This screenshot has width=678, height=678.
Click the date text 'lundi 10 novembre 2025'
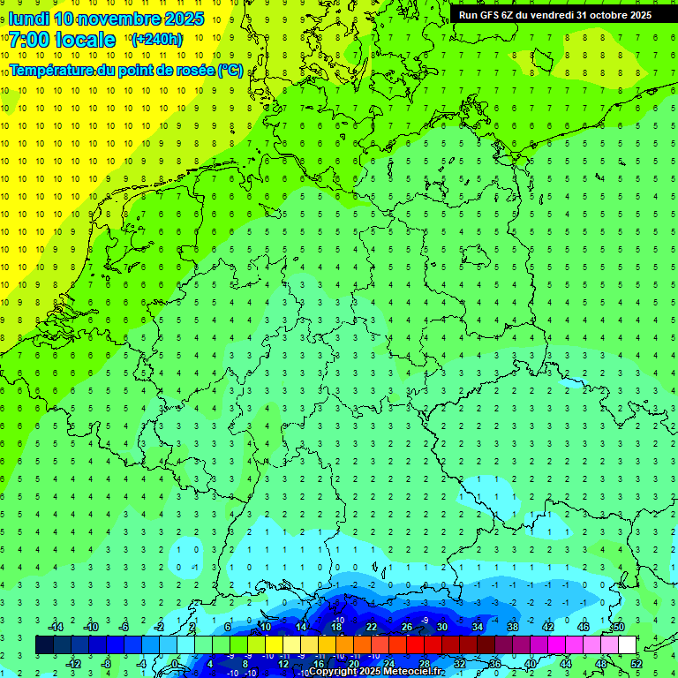106,19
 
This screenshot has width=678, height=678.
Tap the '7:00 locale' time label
62,40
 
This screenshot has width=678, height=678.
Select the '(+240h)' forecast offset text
157,40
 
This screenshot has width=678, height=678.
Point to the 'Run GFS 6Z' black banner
555,14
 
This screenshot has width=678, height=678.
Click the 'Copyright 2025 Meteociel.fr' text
376,672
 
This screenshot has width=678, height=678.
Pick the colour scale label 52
637,663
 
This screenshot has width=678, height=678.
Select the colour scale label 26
407,627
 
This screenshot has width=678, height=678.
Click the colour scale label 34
478,627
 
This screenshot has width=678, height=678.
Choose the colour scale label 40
531,663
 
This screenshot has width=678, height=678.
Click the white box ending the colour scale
628,644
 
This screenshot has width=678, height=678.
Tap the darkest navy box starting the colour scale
44,644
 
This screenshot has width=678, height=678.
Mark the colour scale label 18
336,627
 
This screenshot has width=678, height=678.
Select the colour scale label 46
584,627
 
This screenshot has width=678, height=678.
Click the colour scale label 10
266,627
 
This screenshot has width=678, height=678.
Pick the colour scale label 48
601,663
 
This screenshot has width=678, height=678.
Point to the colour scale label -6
125,627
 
